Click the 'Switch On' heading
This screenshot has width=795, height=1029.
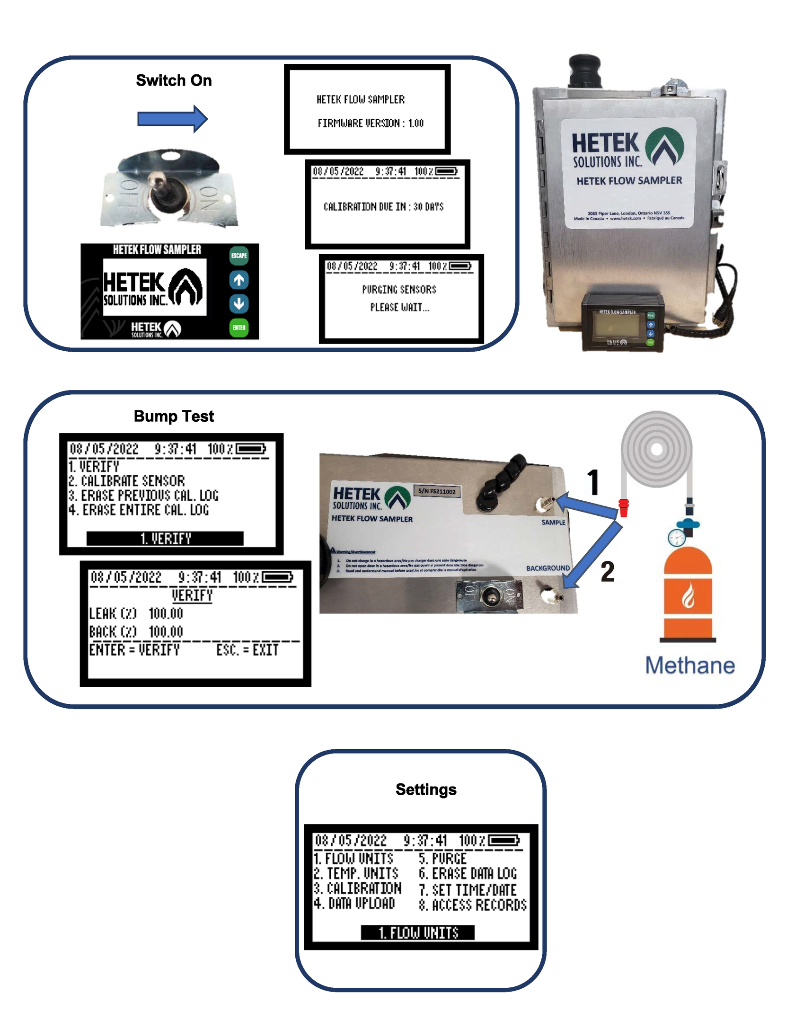[x=174, y=80]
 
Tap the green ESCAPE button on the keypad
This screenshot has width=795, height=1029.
[x=238, y=256]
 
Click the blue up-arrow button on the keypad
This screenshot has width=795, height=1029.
[x=238, y=280]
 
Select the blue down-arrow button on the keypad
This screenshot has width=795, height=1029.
[x=238, y=303]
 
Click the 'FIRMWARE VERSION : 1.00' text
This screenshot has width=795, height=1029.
[x=370, y=124]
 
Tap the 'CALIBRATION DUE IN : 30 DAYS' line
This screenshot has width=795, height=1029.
[x=383, y=207]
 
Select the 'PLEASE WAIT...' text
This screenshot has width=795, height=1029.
[x=399, y=308]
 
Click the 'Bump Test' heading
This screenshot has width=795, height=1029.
[x=174, y=416]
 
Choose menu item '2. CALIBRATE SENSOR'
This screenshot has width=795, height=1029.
[x=126, y=481]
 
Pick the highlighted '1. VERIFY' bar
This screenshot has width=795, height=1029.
[x=165, y=538]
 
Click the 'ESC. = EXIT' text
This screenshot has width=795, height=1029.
[x=247, y=650]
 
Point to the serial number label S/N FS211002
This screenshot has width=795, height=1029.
[x=436, y=491]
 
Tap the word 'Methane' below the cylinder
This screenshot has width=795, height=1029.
[x=689, y=665]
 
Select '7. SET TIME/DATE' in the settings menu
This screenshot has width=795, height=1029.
[x=468, y=890]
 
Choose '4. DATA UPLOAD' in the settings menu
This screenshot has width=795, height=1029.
[x=354, y=904]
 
